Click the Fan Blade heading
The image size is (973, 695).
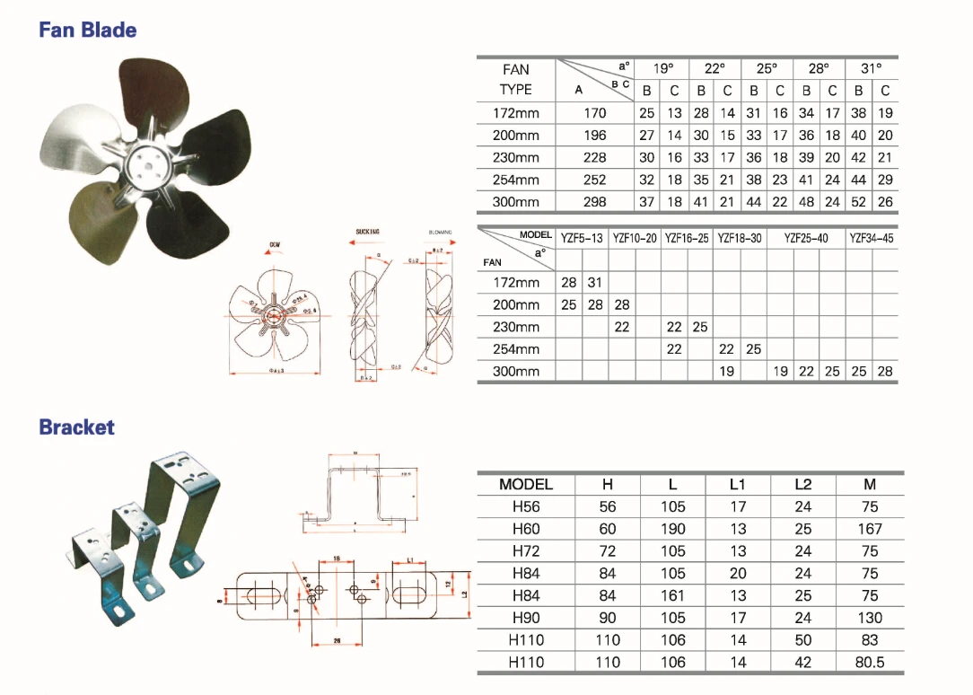[x=87, y=30]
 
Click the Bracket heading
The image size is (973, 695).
[x=76, y=427]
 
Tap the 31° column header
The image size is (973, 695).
[x=871, y=68]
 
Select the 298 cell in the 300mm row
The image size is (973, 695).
[x=595, y=202]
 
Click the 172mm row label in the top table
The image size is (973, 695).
[x=516, y=113]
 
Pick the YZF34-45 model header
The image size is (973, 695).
[x=871, y=238]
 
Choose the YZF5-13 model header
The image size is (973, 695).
[x=582, y=238]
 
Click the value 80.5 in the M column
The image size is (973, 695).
[x=869, y=663]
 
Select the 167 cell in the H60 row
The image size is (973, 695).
[x=869, y=529]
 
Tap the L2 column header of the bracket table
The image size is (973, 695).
[x=802, y=485]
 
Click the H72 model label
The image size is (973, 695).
[x=525, y=551]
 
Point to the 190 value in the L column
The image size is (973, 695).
[x=672, y=529]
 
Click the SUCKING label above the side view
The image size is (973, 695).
[x=367, y=232]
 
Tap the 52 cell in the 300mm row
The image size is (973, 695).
[x=858, y=202]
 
